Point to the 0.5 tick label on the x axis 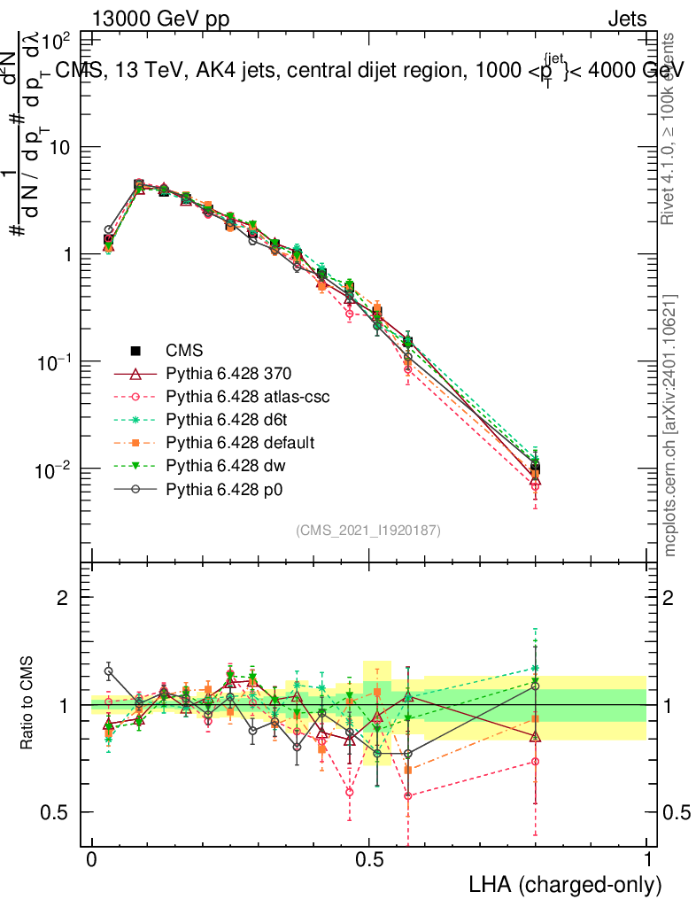[x=369, y=859]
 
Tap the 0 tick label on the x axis [x=92, y=859]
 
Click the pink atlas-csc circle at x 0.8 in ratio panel [x=535, y=762]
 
